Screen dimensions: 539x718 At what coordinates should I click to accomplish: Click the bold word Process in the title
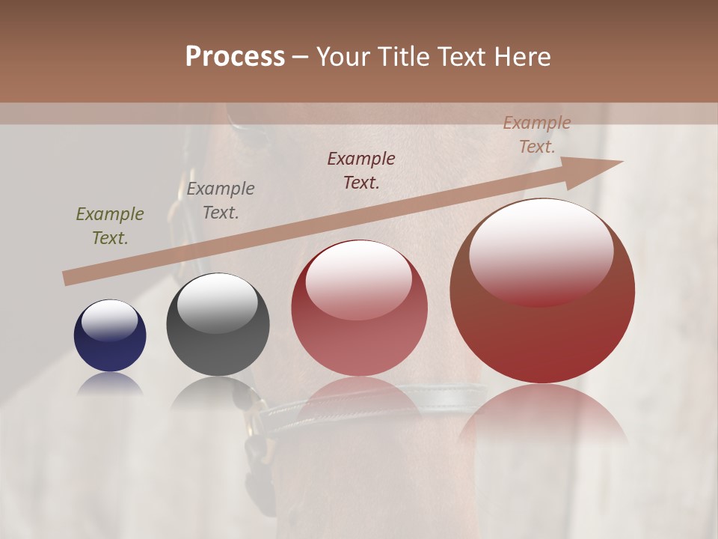point(235,57)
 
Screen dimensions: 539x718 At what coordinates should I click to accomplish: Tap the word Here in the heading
point(524,57)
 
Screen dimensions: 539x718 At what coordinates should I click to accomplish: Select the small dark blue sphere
point(110,335)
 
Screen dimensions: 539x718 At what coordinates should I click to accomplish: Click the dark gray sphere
point(217,325)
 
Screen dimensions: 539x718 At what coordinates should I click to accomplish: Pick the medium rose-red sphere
point(359,308)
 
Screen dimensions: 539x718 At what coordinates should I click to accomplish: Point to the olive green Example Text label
point(110,226)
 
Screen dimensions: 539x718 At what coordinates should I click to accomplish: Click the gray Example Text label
point(221,201)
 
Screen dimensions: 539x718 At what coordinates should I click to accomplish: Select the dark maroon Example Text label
point(361,171)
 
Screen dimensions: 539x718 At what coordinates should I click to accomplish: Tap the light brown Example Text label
point(537,135)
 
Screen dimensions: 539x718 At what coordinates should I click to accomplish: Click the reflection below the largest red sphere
point(542,415)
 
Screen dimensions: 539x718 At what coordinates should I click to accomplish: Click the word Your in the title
point(342,57)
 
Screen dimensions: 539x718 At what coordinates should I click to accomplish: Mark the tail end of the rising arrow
point(67,278)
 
